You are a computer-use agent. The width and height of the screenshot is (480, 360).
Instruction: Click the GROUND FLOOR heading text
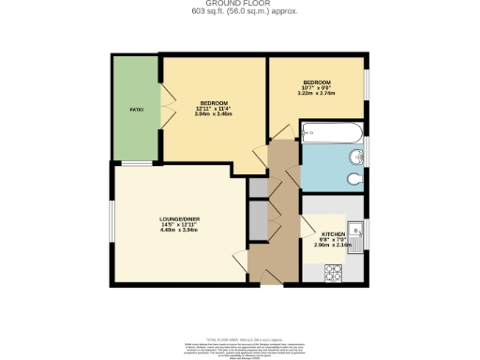tap(239, 5)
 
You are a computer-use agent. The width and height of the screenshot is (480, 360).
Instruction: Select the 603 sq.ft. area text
tap(239, 12)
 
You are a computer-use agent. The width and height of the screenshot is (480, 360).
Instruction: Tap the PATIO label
tap(136, 110)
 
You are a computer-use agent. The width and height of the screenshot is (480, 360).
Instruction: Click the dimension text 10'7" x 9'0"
tap(316, 88)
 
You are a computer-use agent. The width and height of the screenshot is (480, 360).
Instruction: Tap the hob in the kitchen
tap(334, 273)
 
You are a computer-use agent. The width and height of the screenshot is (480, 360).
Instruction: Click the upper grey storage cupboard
tap(258, 187)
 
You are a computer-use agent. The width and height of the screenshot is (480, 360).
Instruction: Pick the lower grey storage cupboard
tap(258, 223)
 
